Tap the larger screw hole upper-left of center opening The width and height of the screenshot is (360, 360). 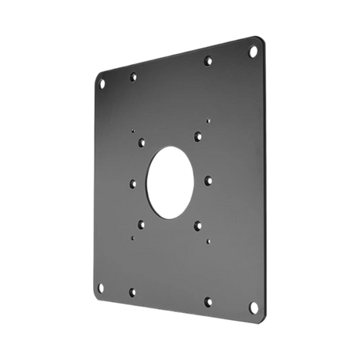(x=141, y=142)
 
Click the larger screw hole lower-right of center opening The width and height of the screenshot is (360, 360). (x=195, y=225)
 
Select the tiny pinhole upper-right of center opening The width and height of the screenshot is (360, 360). (x=207, y=121)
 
